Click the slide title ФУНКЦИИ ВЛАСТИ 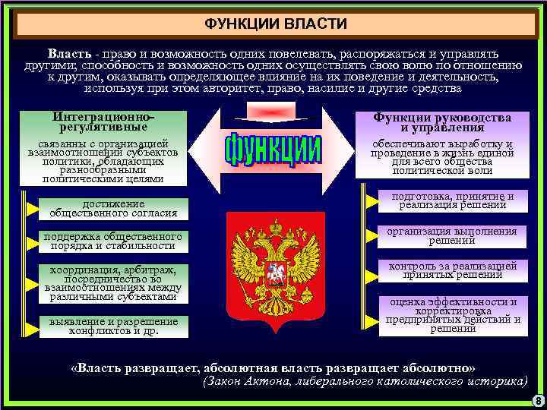275,24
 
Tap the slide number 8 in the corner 538,401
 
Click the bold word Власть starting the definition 70,55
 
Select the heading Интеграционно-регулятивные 104,123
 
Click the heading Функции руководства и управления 441,123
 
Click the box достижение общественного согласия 113,209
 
